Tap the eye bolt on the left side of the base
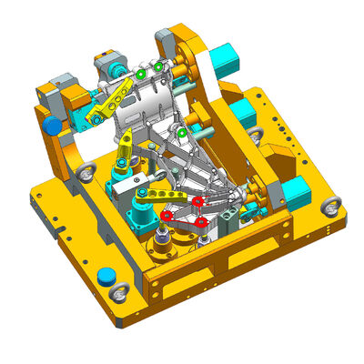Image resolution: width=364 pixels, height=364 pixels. pyautogui.click(x=87, y=173)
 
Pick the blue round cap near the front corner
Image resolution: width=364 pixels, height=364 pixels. pyautogui.click(x=106, y=275)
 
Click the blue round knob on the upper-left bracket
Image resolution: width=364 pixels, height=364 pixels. pyautogui.click(x=53, y=125)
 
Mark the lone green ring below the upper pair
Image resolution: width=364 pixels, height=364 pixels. pyautogui.click(x=182, y=134)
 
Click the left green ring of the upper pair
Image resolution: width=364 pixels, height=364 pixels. pyautogui.click(x=142, y=73)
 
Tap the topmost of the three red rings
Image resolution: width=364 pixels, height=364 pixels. pyautogui.click(x=197, y=200)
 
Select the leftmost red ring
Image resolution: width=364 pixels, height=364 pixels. pyautogui.click(x=167, y=215)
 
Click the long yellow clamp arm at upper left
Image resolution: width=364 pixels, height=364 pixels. pyautogui.click(x=110, y=100)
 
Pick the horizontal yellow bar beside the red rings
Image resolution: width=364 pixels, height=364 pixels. pyautogui.click(x=157, y=195)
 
